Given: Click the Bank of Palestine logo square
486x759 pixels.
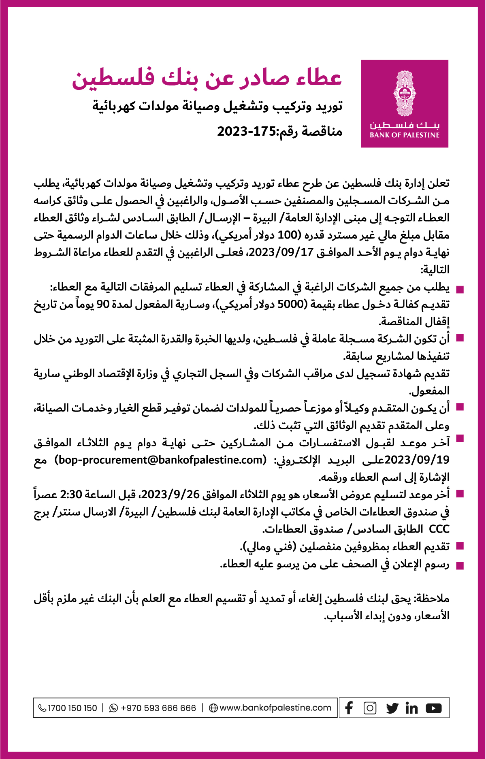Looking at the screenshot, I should click(x=405, y=104).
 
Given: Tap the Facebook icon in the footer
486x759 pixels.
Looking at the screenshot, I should click(x=349, y=708).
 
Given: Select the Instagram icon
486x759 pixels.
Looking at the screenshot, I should click(x=370, y=708).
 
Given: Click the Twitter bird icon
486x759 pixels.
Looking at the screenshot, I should click(x=392, y=708).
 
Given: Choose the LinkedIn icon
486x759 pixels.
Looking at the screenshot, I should click(x=411, y=708).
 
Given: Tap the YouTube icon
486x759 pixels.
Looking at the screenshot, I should click(x=434, y=708).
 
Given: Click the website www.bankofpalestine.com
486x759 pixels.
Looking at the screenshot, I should click(x=275, y=708).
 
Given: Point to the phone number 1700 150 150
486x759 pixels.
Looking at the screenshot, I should click(x=72, y=708).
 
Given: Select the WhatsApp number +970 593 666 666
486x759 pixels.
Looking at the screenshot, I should click(x=158, y=708).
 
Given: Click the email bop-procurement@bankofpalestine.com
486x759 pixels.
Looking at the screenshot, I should click(x=161, y=460).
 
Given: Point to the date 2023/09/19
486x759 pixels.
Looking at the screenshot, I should click(x=417, y=460).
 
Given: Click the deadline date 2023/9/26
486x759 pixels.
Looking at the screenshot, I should click(x=171, y=495).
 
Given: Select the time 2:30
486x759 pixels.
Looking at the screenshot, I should click(x=71, y=495).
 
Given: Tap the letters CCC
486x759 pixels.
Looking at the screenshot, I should click(x=439, y=529).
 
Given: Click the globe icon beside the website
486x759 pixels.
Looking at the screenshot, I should click(x=213, y=708).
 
